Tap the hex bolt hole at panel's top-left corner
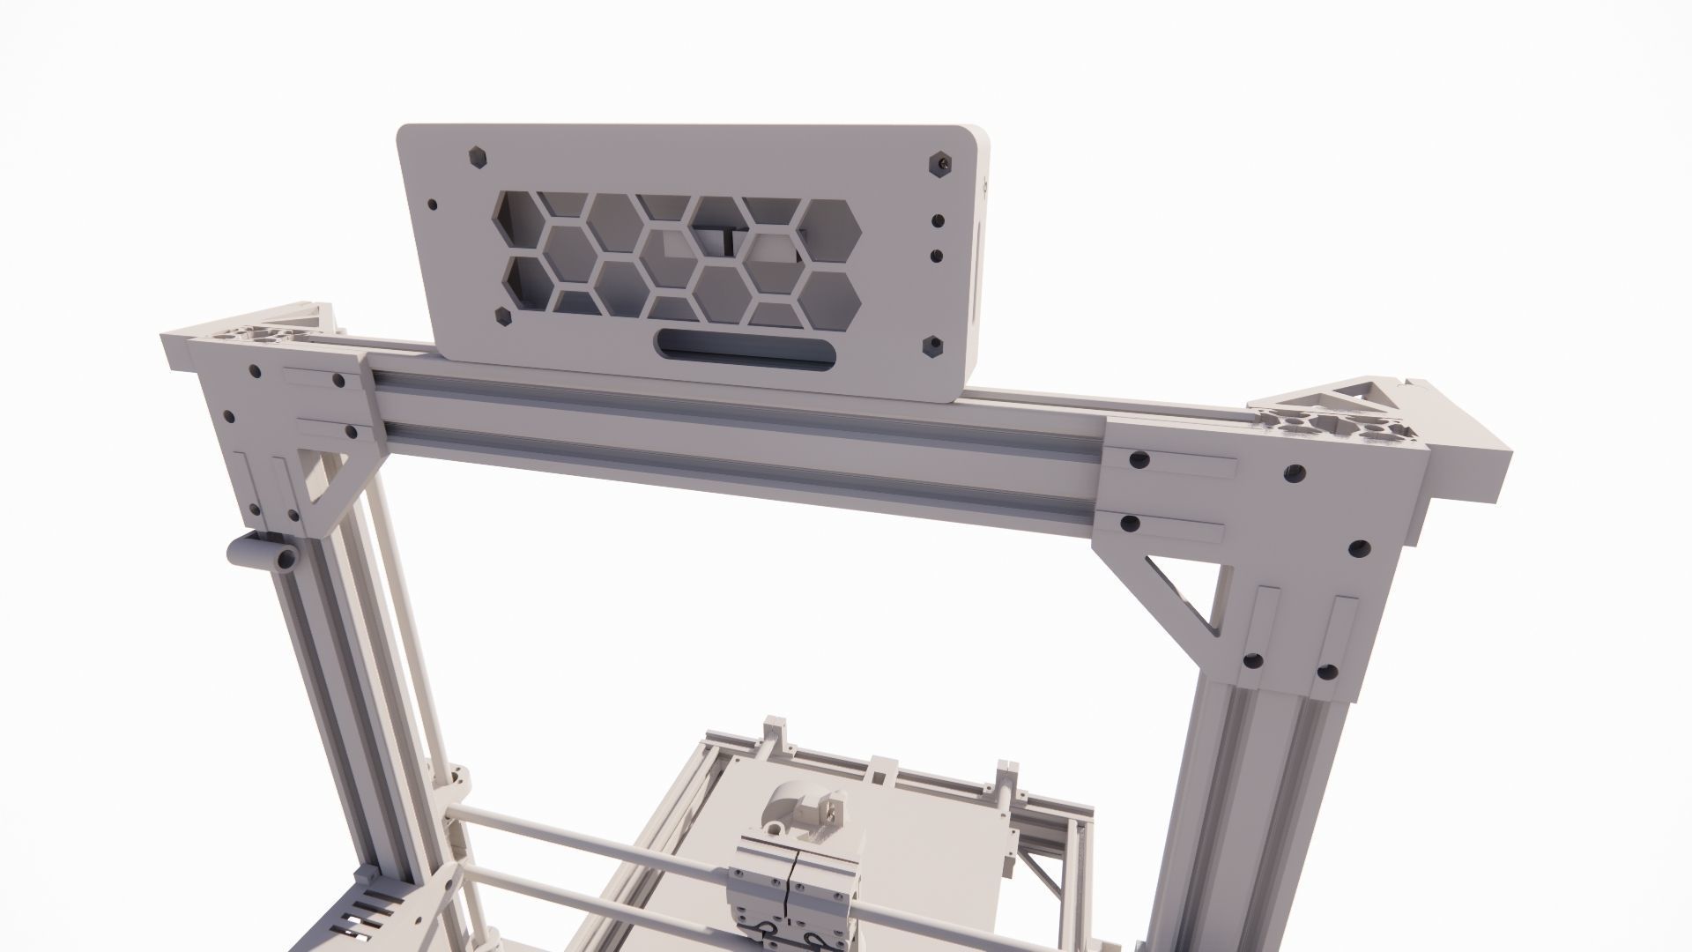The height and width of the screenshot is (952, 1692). click(477, 156)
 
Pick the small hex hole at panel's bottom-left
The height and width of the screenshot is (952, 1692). click(503, 316)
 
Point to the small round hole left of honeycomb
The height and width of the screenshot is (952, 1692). click(432, 205)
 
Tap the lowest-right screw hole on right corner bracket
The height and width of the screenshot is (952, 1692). click(1325, 673)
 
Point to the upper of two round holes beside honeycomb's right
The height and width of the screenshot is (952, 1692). click(938, 220)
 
